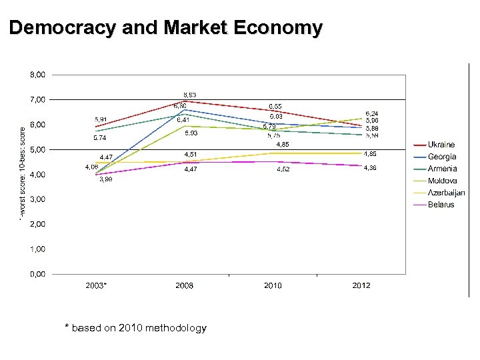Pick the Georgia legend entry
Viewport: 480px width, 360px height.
tap(441, 157)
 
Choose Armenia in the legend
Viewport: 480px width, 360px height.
tap(442, 169)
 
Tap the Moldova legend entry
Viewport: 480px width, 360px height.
tap(442, 181)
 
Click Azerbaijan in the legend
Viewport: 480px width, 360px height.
tap(446, 193)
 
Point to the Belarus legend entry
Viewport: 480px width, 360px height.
tap(441, 205)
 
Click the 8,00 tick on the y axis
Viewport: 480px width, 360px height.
tap(37, 75)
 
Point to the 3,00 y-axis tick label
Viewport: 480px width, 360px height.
tap(37, 199)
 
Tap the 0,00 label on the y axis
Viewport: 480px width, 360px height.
tap(37, 274)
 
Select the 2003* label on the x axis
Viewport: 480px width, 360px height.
tap(96, 285)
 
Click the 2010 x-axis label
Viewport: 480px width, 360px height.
tap(273, 285)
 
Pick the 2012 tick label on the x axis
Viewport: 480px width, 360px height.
tap(361, 285)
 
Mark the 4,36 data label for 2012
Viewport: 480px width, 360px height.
tap(370, 168)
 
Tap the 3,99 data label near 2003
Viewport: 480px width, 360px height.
tap(105, 179)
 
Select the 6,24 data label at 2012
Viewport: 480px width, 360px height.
tap(371, 113)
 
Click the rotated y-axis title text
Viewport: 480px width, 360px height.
tap(22, 175)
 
